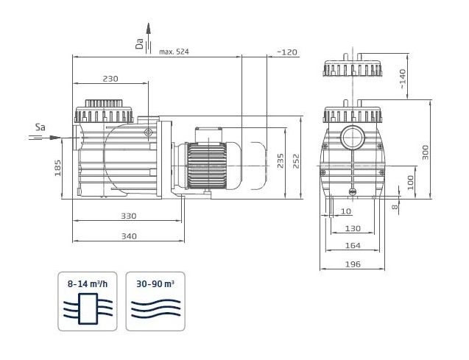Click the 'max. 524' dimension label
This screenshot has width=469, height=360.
coord(174,52)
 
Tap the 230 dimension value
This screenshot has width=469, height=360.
coord(110,79)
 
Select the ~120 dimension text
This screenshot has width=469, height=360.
coord(287,52)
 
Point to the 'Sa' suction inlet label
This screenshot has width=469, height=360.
coord(40,127)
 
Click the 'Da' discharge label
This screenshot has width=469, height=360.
coord(139,43)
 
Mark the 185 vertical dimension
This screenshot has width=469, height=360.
coord(57,168)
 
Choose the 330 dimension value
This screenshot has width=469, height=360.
coord(128,216)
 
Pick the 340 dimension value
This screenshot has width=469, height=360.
coord(129,236)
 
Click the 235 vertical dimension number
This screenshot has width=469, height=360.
coord(281,161)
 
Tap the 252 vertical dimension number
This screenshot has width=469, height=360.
coord(296,161)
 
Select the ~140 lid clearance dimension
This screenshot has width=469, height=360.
coord(403,78)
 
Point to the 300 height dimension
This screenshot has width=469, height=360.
coord(426,152)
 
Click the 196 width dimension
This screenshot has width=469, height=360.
coord(353,264)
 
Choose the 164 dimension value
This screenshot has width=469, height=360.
coord(353,245)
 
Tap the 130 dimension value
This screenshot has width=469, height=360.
coord(353,228)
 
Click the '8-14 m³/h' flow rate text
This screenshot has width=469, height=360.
coord(88,283)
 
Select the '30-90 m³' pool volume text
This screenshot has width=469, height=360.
coord(155,283)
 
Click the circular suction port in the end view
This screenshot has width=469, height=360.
coord(353,138)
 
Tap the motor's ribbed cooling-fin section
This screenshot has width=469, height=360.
coord(206,166)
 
